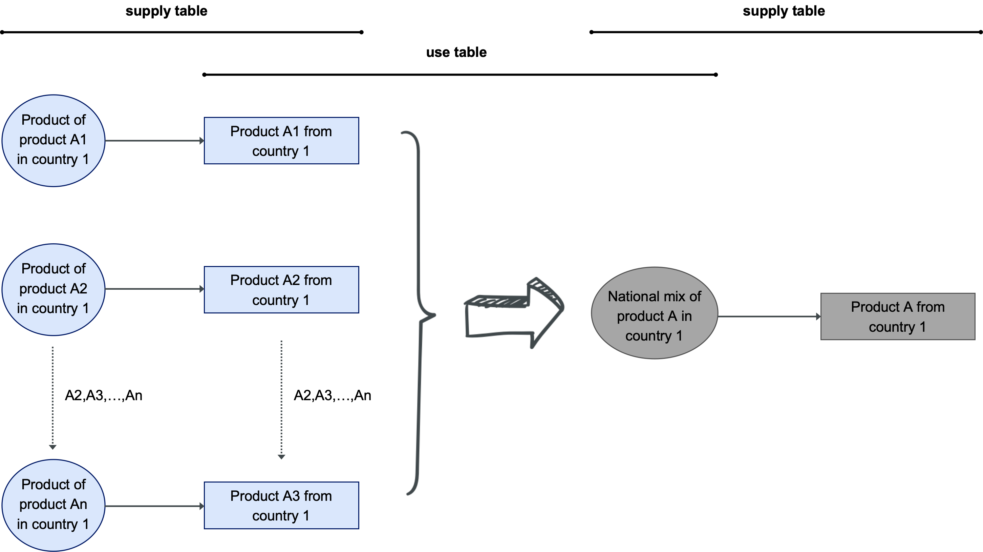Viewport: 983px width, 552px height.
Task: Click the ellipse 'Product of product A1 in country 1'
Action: click(x=53, y=141)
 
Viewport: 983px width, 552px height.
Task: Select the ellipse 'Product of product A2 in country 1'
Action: click(x=53, y=289)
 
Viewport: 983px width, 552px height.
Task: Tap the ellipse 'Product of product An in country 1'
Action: click(x=53, y=505)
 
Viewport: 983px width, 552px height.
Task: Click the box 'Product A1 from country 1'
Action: click(x=281, y=141)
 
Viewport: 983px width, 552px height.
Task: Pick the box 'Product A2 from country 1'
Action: click(x=281, y=290)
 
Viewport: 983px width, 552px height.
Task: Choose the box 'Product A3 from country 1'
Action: click(x=281, y=506)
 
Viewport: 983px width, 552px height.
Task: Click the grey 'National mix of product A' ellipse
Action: click(x=654, y=313)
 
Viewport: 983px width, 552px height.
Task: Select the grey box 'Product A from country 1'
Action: click(x=898, y=316)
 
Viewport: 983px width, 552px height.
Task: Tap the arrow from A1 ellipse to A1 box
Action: click(x=154, y=141)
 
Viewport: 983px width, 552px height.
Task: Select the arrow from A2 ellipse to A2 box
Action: click(x=154, y=289)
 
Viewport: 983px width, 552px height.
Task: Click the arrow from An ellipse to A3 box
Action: click(x=154, y=506)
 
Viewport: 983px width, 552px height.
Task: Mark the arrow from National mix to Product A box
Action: click(x=769, y=316)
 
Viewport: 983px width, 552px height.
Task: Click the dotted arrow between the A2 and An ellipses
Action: click(x=53, y=397)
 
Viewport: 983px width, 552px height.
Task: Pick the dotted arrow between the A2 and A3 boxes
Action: click(x=281, y=399)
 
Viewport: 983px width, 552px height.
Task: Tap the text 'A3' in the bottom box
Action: click(x=291, y=496)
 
